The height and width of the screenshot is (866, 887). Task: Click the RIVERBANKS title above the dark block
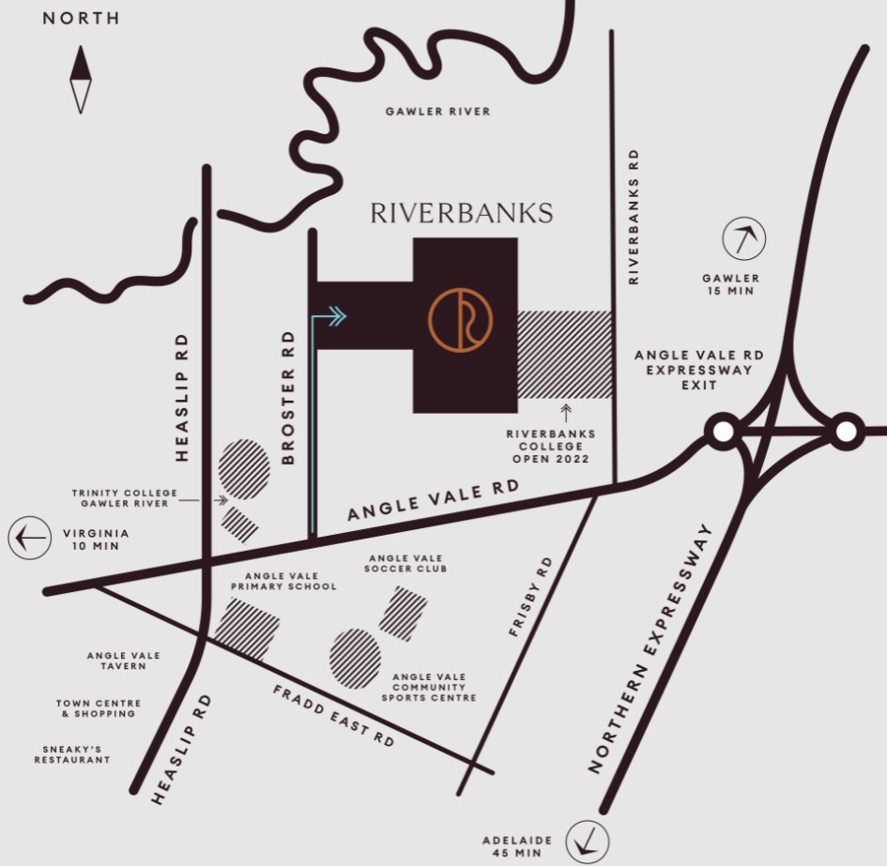(x=461, y=213)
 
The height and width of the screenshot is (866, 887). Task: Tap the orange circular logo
(x=460, y=321)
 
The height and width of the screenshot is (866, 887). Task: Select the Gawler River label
(x=437, y=112)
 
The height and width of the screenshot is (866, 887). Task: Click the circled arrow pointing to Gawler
(x=743, y=240)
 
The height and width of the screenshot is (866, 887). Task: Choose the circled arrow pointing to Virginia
(x=30, y=539)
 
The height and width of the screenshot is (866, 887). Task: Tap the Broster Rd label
(x=288, y=397)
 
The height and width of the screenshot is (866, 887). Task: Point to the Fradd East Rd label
(x=333, y=716)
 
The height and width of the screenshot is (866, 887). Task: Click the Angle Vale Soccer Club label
(x=406, y=563)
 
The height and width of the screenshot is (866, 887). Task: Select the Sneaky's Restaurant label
(x=71, y=754)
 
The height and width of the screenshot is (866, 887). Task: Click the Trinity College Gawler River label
(x=119, y=498)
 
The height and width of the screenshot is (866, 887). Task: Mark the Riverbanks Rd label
(x=634, y=217)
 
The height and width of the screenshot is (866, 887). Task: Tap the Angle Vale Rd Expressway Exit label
(x=698, y=371)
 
